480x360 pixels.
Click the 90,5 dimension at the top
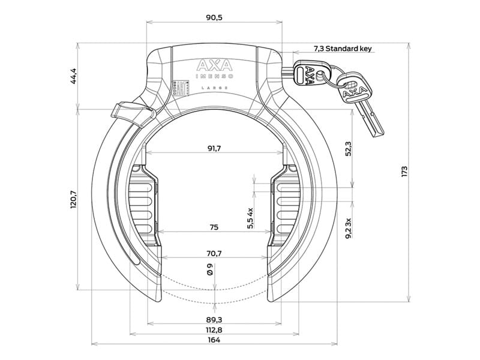214,17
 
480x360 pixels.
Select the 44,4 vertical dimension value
74,76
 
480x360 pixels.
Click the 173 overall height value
404,172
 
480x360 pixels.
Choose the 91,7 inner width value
214,149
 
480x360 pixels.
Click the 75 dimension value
214,227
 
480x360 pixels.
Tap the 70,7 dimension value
214,253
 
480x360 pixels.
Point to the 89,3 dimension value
214,319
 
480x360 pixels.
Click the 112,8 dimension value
214,329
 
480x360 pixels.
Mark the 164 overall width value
214,340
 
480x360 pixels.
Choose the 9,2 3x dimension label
349,228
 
